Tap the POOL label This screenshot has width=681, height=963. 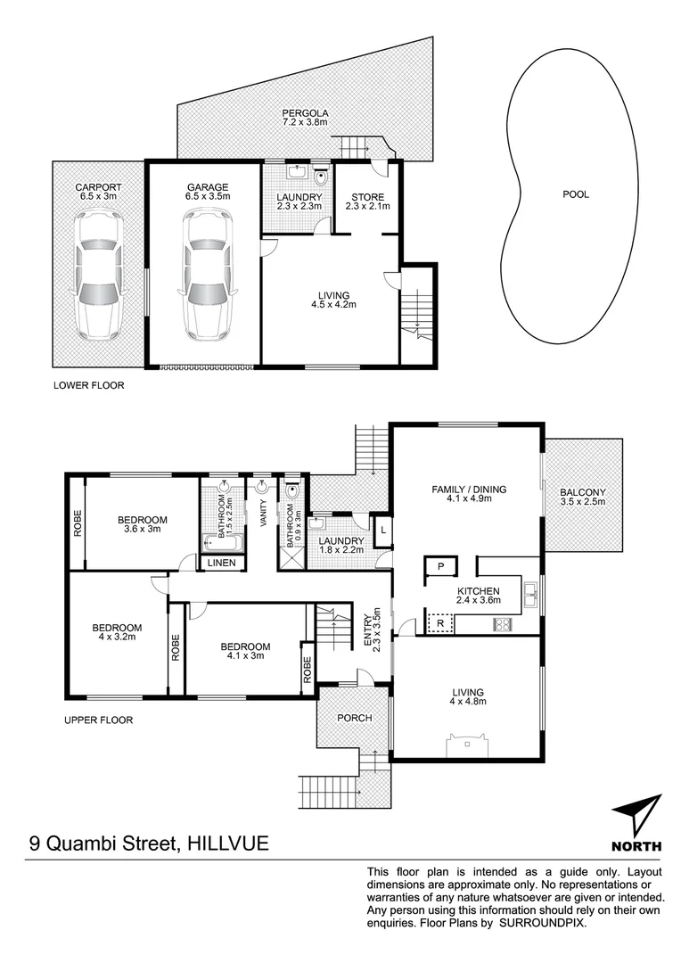point(575,193)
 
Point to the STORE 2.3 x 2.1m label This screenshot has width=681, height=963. point(367,202)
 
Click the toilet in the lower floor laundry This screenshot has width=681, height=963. point(321,176)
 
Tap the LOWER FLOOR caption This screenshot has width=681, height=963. point(88,386)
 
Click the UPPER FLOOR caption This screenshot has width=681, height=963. point(97,720)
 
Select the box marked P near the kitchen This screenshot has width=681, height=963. point(440,566)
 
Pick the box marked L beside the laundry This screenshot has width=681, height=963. point(382,531)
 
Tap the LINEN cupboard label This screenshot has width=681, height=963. point(221,563)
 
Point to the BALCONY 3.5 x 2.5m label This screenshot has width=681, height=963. point(583,497)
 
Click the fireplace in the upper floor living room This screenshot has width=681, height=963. point(468,745)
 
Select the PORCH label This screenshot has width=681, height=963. point(354,718)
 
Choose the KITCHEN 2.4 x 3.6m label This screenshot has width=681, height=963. point(478,597)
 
